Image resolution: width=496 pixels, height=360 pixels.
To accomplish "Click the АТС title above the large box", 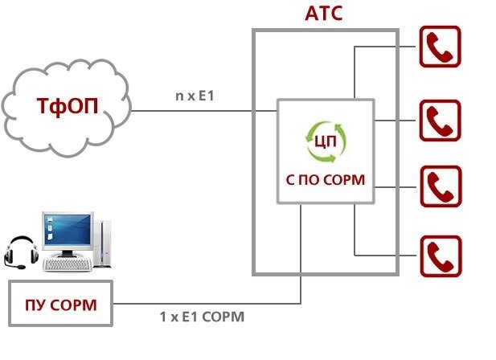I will (326, 14).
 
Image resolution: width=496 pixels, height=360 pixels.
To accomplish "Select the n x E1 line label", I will (194, 98).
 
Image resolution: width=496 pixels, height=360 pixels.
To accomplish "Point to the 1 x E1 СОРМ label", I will (202, 317).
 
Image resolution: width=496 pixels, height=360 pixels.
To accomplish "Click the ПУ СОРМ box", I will (61, 305).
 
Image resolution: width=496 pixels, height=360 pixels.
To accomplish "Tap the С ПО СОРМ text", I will (326, 180).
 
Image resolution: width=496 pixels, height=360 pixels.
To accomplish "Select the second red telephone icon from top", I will (440, 121).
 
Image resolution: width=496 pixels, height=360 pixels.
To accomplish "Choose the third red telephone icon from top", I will (440, 187).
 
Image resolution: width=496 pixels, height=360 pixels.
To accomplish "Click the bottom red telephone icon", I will (440, 256).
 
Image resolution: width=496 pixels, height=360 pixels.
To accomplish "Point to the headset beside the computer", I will (21, 252).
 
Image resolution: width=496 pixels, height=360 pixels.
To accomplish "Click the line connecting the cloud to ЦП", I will (201, 111).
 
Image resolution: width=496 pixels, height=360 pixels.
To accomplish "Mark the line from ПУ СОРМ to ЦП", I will (209, 304).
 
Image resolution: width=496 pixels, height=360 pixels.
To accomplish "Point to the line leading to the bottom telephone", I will (386, 256).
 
